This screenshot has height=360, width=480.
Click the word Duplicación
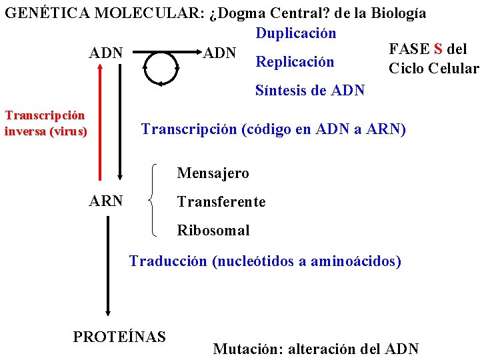295,33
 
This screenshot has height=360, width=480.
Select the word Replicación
295,62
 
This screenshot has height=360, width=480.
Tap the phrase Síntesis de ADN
310,90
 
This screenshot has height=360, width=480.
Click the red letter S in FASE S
438,49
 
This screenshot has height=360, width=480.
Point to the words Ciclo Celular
433,69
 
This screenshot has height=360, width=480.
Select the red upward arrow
101,113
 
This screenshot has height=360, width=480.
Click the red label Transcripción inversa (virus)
45,123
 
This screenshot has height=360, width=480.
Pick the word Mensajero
213,173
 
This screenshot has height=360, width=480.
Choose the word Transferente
221,201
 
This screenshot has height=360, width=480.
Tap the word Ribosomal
213,231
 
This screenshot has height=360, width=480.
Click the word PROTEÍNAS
119,337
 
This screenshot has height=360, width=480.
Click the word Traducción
168,261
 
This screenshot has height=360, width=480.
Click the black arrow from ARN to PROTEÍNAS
109,267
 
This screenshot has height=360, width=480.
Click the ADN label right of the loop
219,52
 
